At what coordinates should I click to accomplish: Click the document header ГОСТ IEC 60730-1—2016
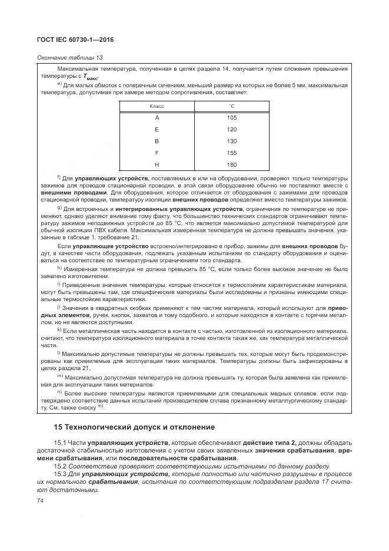(76, 39)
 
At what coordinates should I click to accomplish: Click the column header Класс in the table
(157, 106)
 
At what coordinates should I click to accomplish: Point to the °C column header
(232, 106)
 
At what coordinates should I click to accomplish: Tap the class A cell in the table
(157, 117)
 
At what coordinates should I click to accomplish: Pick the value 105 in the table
(232, 117)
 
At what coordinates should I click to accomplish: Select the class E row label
(157, 129)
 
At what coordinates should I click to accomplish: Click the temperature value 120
(232, 129)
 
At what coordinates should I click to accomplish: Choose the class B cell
(157, 141)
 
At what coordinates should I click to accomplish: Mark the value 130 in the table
(232, 141)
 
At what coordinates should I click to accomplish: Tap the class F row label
(157, 152)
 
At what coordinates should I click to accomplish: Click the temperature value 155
(232, 152)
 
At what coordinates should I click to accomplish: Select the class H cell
(157, 164)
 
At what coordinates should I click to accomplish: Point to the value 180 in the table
(232, 164)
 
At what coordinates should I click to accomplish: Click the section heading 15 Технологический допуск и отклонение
(126, 427)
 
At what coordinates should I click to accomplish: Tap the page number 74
(41, 500)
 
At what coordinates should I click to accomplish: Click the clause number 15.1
(61, 442)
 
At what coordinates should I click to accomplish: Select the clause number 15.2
(61, 466)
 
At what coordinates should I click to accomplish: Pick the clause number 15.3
(61, 474)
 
